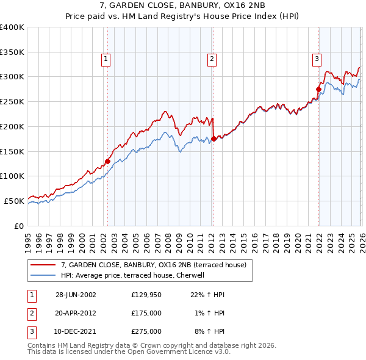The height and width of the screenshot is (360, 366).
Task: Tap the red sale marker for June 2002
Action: (108, 161)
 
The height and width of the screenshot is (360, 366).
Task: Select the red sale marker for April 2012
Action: (213, 139)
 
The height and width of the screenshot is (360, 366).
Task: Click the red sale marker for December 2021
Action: (318, 89)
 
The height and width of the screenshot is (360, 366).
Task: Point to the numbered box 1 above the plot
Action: (106, 59)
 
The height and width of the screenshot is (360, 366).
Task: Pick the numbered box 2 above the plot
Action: (211, 59)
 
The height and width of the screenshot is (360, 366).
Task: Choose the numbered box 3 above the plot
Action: (317, 59)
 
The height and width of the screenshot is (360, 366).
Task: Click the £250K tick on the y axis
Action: (12, 102)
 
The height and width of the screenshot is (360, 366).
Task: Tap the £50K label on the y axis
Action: (14, 201)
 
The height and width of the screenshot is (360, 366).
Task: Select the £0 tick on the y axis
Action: (20, 226)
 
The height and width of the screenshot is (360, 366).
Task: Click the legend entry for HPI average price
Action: (134, 275)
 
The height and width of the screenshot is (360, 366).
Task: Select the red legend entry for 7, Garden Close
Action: (153, 265)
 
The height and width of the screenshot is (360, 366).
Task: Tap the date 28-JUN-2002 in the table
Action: (76, 295)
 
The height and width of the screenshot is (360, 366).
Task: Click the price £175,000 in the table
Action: (146, 313)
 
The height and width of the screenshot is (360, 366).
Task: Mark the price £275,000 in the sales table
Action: (146, 331)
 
